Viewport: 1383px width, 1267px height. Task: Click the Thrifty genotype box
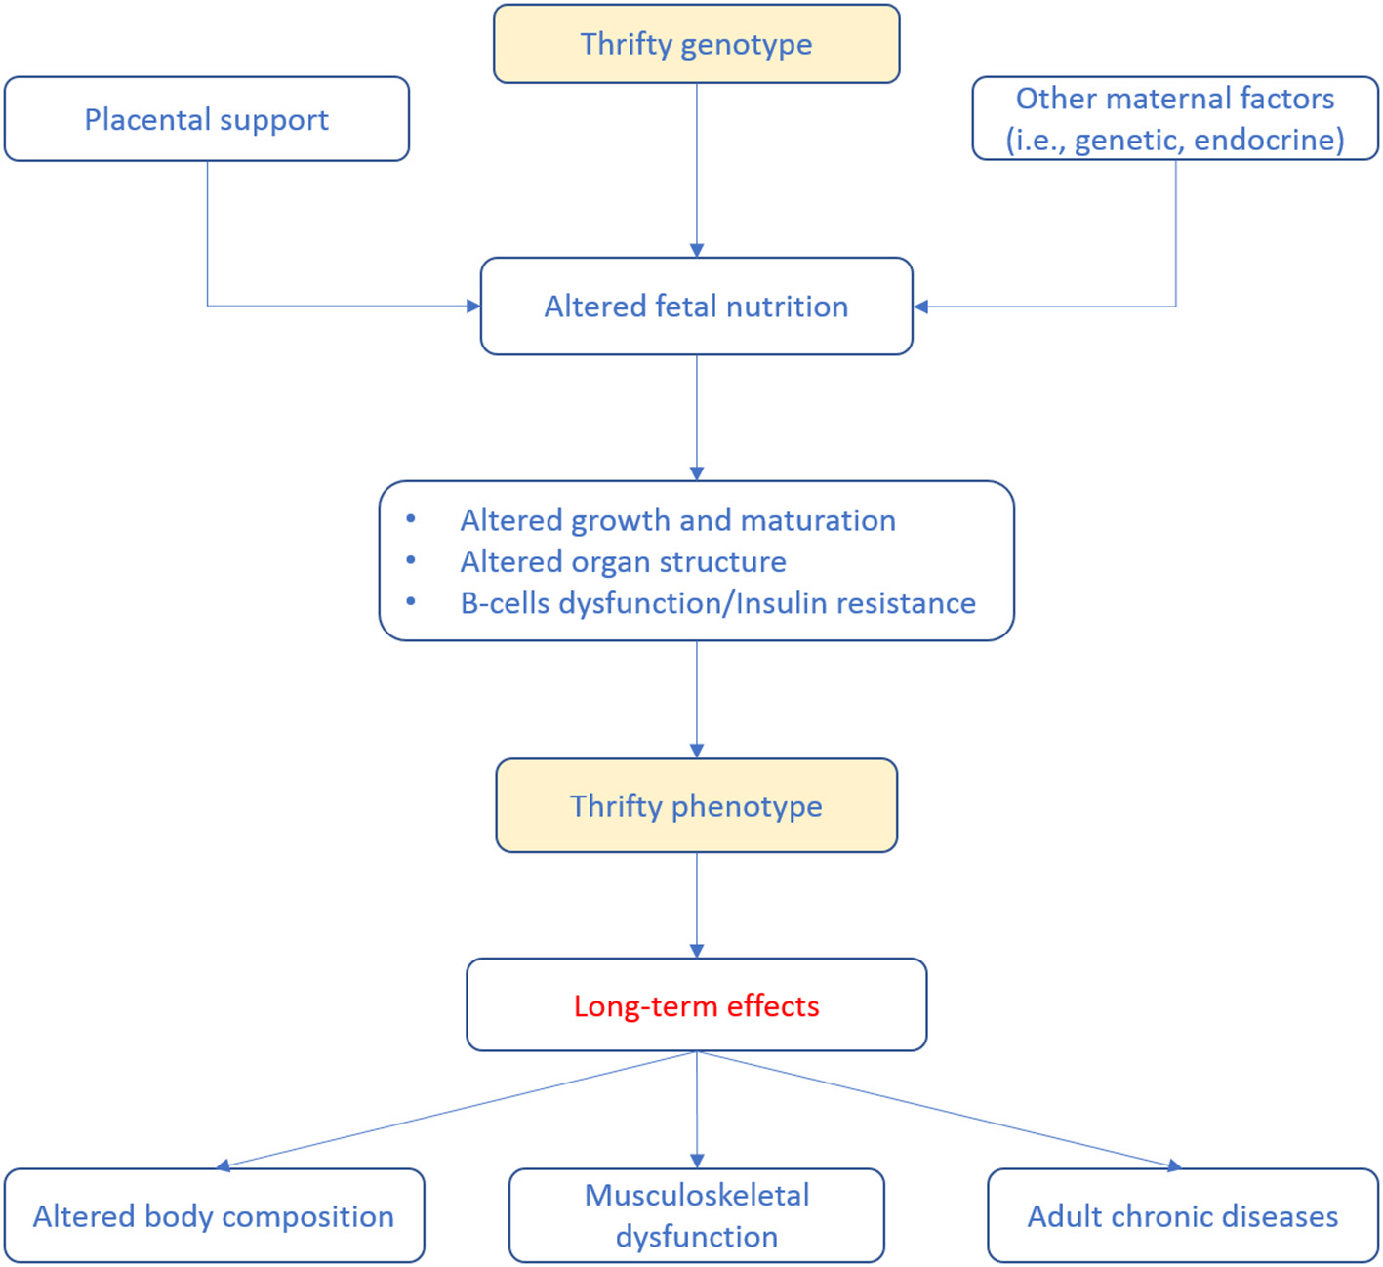696,44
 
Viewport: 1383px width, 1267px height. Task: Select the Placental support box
206,119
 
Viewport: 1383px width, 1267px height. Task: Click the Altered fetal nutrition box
696,307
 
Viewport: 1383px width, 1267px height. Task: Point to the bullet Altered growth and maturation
677,520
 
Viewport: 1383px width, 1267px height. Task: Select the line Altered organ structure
623,562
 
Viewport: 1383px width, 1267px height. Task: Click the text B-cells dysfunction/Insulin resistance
717,603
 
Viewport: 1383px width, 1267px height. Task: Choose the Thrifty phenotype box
696,806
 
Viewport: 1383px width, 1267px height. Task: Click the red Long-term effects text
696,1005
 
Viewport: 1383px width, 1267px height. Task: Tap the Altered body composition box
214,1216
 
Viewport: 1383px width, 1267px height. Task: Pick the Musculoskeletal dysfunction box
696,1216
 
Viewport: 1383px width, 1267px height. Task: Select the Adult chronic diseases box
1182,1216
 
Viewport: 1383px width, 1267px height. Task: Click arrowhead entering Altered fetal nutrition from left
474,307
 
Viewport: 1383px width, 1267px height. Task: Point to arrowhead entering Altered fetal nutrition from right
920,307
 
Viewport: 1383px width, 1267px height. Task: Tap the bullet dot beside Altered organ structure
411,561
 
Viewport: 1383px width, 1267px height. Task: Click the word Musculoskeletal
696,1196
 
